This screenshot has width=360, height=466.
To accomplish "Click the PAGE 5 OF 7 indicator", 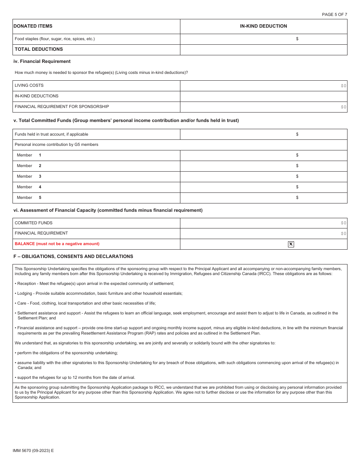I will [x=334, y=14].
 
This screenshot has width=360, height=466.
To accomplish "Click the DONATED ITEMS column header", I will [x=33, y=26].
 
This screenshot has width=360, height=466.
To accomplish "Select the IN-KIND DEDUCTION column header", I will [x=263, y=26].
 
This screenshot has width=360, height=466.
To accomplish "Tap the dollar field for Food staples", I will [x=263, y=39].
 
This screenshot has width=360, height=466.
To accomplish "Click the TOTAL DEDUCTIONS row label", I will [x=39, y=49].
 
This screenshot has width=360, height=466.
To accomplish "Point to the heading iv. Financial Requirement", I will [x=42, y=61].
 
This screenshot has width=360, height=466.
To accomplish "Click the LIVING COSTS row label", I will [x=29, y=85].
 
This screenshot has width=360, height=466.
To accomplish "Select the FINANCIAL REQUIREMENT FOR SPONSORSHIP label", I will [x=62, y=106].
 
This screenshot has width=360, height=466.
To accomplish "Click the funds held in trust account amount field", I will [x=263, y=134].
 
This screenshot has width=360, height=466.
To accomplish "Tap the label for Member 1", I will [x=29, y=155].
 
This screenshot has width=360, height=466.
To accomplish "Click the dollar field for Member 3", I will [x=263, y=176].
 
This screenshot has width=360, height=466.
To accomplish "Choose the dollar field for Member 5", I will [x=263, y=197].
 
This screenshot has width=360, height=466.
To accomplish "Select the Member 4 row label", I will [x=29, y=187].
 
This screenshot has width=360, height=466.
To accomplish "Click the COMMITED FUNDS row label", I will [x=34, y=223].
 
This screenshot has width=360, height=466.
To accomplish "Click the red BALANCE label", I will [x=57, y=244].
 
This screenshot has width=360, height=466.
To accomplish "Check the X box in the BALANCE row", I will [x=291, y=244].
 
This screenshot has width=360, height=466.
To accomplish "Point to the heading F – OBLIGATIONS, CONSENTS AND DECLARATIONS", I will [x=73, y=256].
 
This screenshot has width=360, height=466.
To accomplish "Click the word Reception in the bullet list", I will [x=27, y=283].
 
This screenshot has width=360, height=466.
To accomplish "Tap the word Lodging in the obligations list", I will [x=25, y=293].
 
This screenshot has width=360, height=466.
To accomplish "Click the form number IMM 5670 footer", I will [x=33, y=450].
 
